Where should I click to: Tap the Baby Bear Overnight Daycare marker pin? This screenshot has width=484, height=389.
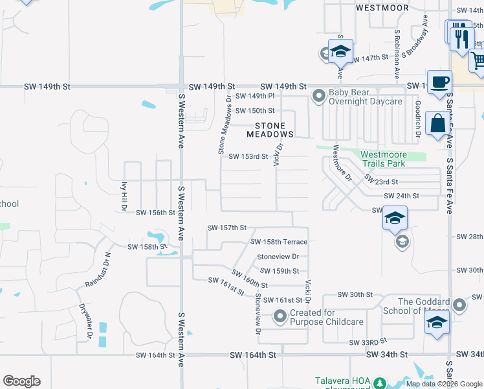[318, 97]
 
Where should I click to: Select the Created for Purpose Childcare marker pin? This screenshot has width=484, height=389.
[280, 317]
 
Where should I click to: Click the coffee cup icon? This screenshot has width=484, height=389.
[439, 82]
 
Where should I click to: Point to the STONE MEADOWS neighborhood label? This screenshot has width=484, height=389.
[270, 130]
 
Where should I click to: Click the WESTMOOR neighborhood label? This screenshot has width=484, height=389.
[382, 8]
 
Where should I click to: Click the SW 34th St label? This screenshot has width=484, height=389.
[386, 355]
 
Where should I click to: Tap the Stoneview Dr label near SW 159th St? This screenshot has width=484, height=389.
[278, 257]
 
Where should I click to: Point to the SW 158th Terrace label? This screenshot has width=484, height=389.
[279, 242]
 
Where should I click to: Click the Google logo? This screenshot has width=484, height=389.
[21, 381]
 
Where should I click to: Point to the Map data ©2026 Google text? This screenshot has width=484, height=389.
[443, 384]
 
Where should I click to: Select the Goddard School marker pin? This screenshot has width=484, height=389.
[459, 304]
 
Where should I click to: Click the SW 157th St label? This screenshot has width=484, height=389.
[227, 228]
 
